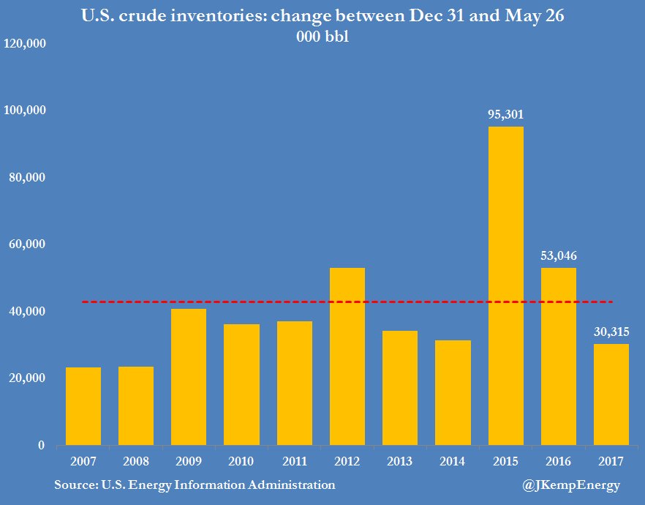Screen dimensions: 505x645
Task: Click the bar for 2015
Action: (x=505, y=285)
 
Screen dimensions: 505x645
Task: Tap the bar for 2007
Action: (x=83, y=406)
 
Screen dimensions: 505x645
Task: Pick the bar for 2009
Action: (x=189, y=377)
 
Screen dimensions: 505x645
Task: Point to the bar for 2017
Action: (x=611, y=394)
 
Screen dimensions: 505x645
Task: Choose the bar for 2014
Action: (x=453, y=392)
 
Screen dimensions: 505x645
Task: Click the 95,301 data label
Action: (x=505, y=115)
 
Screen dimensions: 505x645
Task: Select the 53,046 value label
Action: (x=558, y=256)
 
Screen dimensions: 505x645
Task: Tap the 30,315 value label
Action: (x=611, y=332)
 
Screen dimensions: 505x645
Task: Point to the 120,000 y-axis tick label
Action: (x=26, y=44)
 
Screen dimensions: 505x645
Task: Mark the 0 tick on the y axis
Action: (x=41, y=445)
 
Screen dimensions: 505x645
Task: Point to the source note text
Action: (x=195, y=485)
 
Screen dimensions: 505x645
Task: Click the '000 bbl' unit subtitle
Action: (x=322, y=38)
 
